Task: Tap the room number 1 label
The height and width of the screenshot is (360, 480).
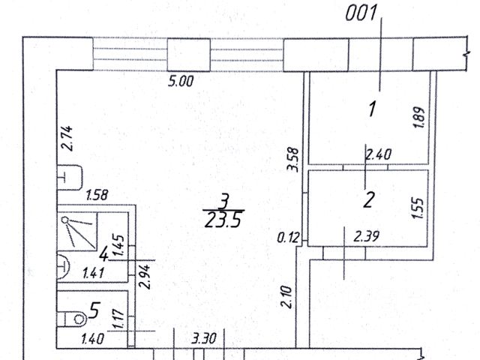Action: [370, 109]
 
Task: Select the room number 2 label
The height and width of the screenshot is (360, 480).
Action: [368, 199]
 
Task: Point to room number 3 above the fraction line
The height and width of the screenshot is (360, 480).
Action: [223, 201]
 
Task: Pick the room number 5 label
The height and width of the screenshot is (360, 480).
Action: [94, 308]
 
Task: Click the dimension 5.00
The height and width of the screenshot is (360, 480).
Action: [182, 81]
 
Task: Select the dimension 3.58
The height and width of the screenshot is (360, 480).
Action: [294, 159]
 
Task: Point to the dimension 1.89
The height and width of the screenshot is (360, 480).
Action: [420, 118]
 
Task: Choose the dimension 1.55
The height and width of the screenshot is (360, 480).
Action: [418, 206]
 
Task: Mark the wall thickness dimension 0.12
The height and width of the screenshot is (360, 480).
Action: [288, 238]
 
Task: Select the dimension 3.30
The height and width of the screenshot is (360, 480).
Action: [204, 339]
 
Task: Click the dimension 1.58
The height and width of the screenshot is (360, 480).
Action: [98, 196]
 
